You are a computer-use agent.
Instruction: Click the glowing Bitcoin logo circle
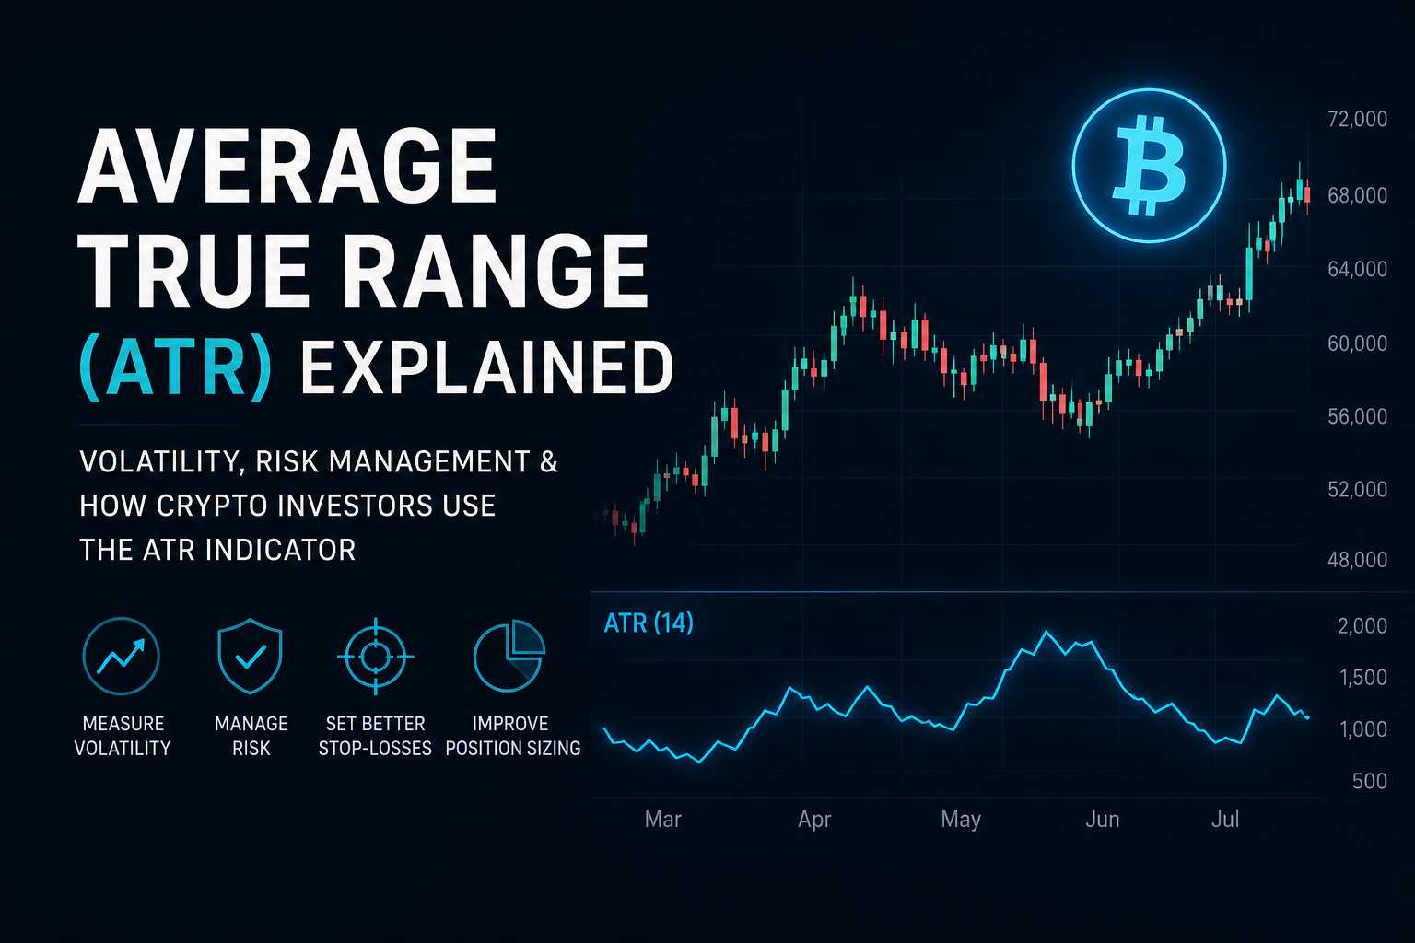point(1149,166)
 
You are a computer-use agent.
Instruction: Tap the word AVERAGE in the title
point(288,166)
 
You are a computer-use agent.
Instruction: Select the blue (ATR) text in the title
point(176,367)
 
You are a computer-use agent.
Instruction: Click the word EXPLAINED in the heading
point(486,367)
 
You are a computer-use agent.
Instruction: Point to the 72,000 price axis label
point(1357,119)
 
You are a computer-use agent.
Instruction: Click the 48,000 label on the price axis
point(1357,560)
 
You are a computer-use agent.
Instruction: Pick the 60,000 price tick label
point(1357,343)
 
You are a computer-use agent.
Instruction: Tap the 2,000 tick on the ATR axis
point(1362,626)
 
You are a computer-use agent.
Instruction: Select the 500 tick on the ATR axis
point(1370,781)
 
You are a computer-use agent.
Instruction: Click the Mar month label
point(662,820)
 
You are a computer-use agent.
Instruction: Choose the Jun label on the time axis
point(1103,820)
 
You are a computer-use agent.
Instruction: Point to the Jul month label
point(1225,820)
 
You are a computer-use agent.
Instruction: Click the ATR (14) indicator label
point(649,624)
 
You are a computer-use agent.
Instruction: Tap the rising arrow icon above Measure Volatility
point(122,657)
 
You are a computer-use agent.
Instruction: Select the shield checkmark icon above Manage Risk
point(251,657)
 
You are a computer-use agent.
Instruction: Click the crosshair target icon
point(375,657)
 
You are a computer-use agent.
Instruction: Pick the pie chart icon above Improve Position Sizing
point(509,657)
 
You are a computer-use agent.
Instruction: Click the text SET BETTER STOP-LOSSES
point(375,736)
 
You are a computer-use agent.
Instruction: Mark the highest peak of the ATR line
point(1046,632)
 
